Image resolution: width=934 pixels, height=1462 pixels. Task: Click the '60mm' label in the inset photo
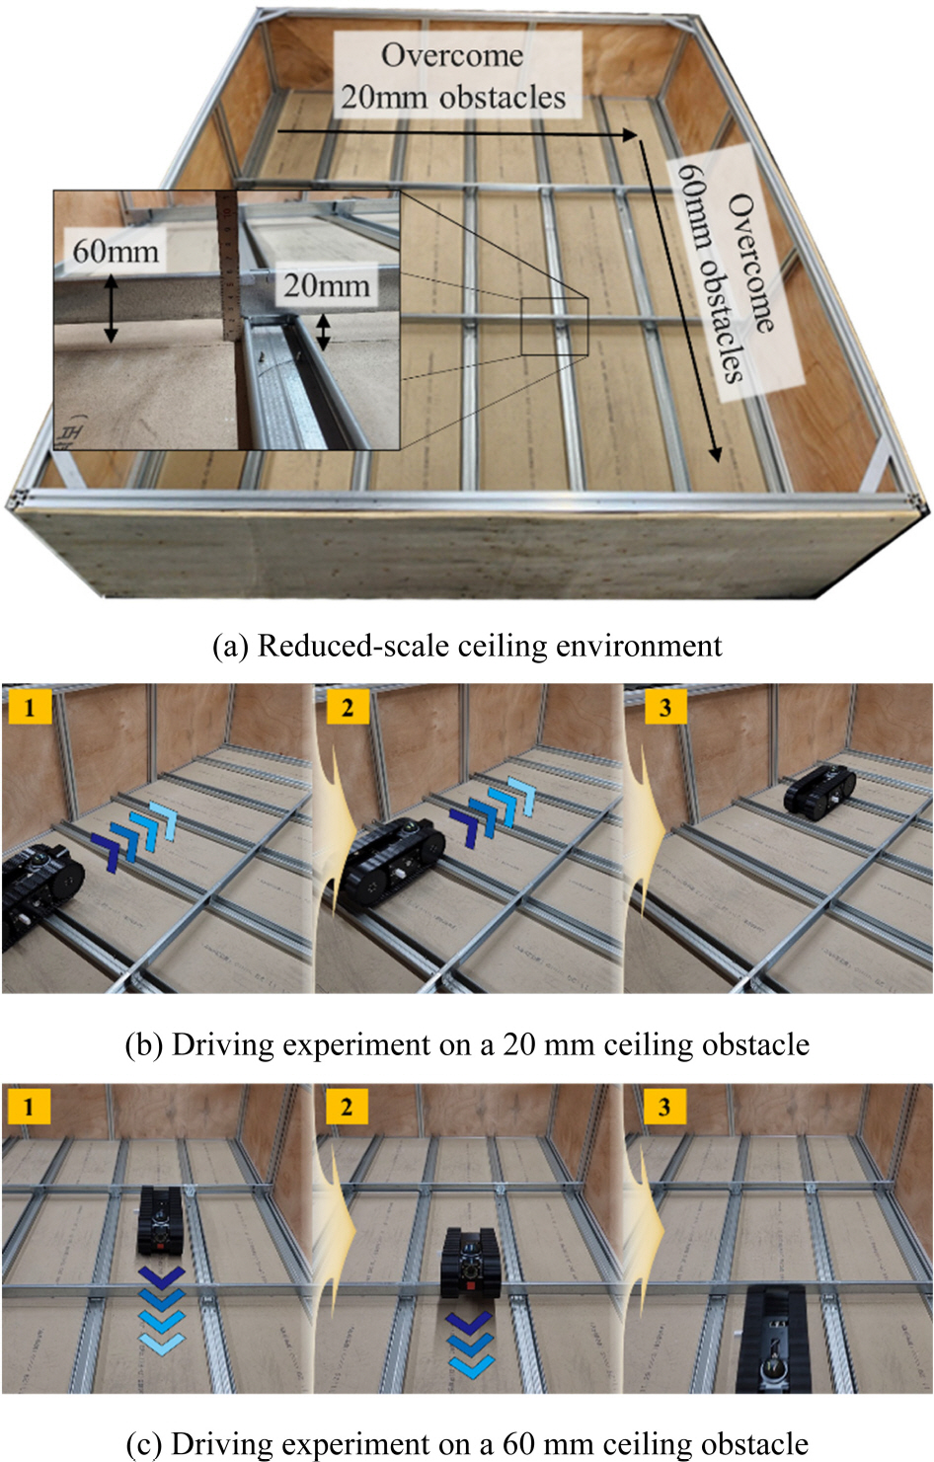pyautogui.click(x=116, y=251)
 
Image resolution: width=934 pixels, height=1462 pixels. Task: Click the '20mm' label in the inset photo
pyautogui.click(x=326, y=286)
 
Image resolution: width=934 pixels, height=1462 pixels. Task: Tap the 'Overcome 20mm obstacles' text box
pyautogui.click(x=453, y=75)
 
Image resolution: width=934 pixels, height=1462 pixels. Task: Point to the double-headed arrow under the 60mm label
pyautogui.click(x=111, y=309)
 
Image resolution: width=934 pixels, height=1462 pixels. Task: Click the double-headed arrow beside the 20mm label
pyautogui.click(x=323, y=332)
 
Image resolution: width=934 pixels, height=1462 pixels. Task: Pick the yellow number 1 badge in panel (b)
pyautogui.click(x=29, y=707)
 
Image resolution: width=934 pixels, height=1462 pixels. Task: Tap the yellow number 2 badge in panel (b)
pyautogui.click(x=347, y=707)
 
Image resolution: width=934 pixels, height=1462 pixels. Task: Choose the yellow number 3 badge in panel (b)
pyautogui.click(x=664, y=707)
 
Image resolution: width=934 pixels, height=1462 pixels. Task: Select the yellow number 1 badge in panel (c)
pyautogui.click(x=29, y=1107)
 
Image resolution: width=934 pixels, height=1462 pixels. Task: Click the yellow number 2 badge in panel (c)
pyautogui.click(x=347, y=1107)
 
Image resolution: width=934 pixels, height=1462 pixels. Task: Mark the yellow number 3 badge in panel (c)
pyautogui.click(x=664, y=1107)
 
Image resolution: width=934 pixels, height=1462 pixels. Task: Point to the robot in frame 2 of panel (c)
pyautogui.click(x=470, y=1264)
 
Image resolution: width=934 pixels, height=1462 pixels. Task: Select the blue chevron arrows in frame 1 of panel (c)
pyautogui.click(x=162, y=1309)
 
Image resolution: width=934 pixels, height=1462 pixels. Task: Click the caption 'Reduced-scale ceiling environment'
pyautogui.click(x=467, y=646)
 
